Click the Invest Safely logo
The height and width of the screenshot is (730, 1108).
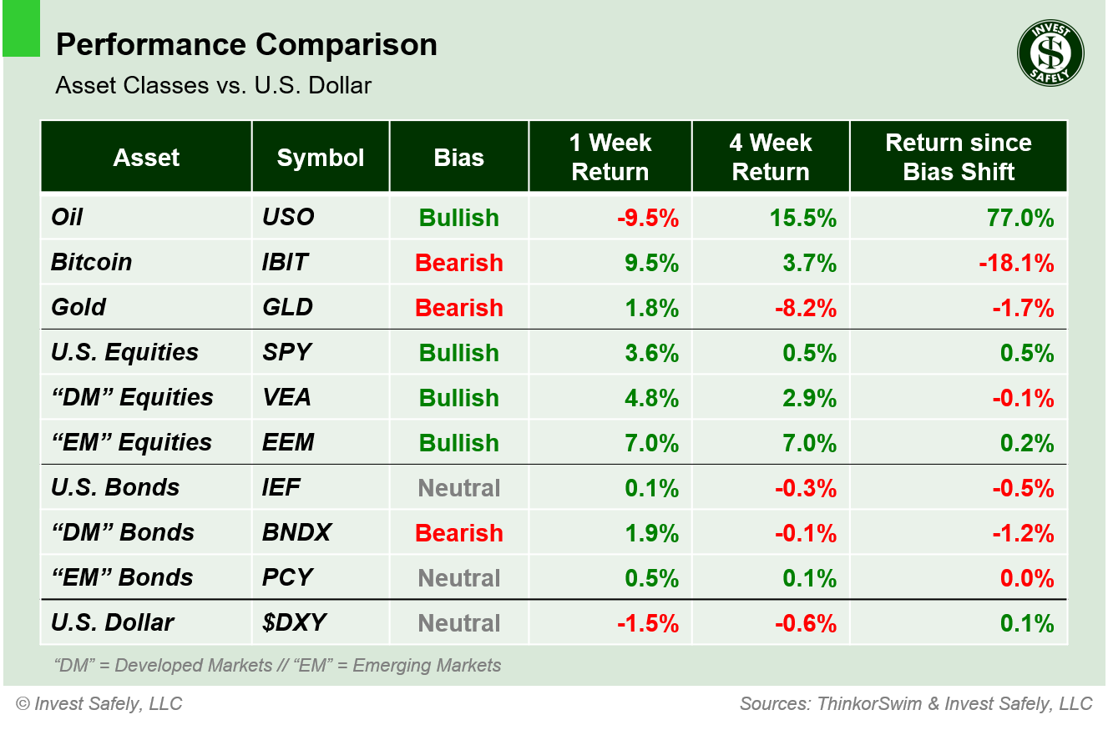click(1050, 53)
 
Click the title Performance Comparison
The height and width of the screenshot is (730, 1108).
click(246, 44)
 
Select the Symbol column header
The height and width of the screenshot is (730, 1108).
click(321, 158)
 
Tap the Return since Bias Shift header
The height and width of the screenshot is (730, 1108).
click(958, 157)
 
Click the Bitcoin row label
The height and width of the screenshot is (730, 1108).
click(92, 262)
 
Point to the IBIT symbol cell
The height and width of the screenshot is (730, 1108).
click(286, 262)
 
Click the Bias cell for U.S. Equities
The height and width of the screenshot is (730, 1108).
click(458, 353)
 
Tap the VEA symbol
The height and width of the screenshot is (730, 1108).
click(286, 397)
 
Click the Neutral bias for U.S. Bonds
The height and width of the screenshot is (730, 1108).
click(458, 488)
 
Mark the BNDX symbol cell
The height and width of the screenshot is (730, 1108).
click(296, 532)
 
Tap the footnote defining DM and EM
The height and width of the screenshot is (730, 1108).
click(276, 665)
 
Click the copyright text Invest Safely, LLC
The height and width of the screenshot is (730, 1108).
click(99, 703)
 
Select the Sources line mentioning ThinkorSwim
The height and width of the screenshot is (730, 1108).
click(915, 703)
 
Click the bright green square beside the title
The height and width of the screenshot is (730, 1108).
click(21, 28)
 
